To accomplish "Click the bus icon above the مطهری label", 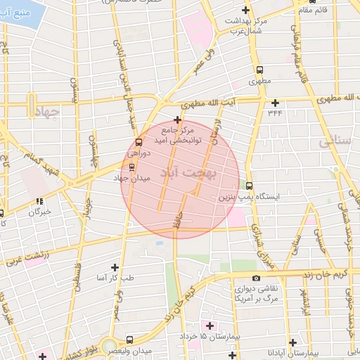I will (260, 70).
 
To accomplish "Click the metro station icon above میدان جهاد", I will (131, 167).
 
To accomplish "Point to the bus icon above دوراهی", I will (138, 142).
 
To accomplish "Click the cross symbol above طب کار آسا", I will (115, 267).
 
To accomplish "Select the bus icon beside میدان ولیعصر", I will (129, 340).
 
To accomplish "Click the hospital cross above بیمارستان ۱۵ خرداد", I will (209, 325).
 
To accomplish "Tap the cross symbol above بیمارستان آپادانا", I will (292, 342).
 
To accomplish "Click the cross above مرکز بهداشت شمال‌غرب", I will (245, 10).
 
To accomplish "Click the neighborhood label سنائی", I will (335, 141).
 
